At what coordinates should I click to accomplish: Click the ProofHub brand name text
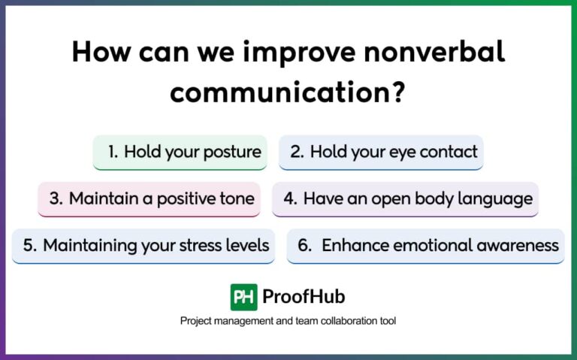tap(304, 297)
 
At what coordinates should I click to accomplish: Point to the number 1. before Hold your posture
tap(113, 152)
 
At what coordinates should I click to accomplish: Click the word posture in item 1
tap(233, 152)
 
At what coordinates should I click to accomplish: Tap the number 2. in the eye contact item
tap(297, 152)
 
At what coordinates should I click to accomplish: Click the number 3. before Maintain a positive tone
tap(56, 199)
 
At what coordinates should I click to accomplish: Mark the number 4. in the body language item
tap(290, 199)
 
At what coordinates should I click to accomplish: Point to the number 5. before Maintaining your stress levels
tap(29, 245)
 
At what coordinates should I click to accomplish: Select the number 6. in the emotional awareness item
tap(305, 245)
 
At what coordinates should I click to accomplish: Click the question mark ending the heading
tap(397, 92)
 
